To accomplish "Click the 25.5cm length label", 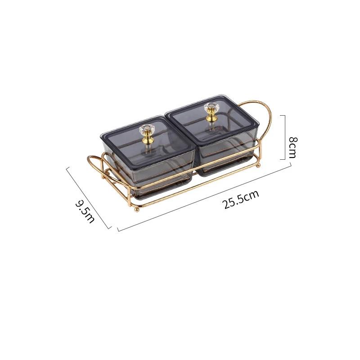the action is tap(240, 199).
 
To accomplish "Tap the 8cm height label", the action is tap(293, 148).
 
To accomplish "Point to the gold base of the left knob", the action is tap(147, 139).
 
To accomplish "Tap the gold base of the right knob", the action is tap(210, 117).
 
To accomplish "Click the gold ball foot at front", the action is tap(137, 209).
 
